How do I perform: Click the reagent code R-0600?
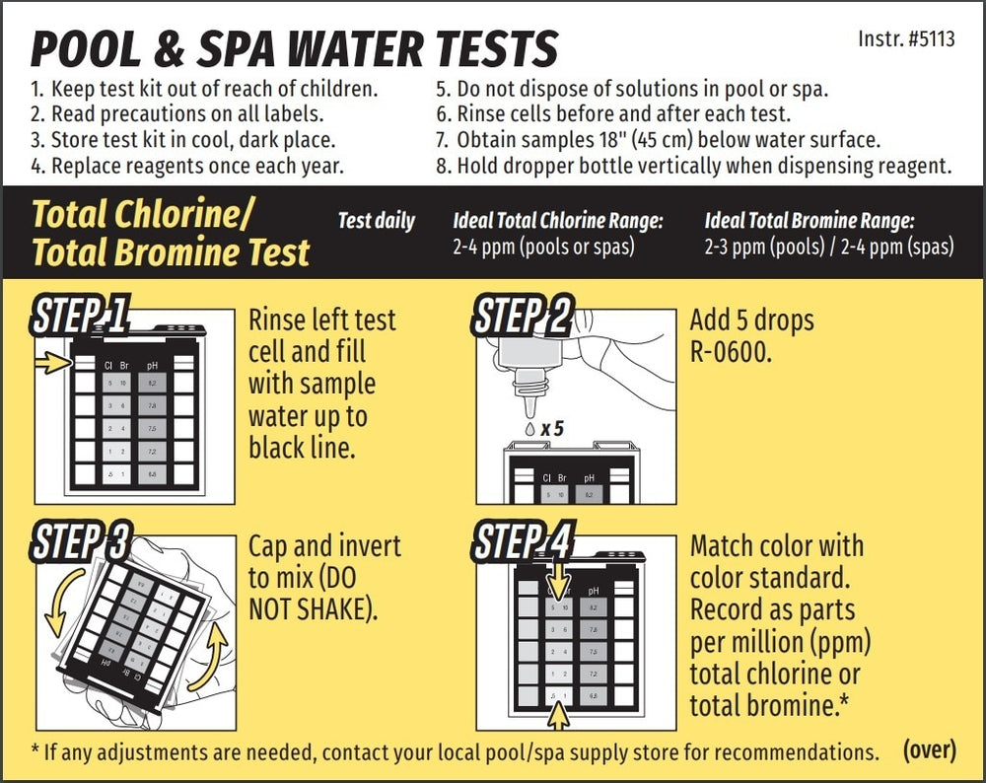coord(729,351)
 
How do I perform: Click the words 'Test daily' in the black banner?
coord(376,221)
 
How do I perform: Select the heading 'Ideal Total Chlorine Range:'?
coord(557,221)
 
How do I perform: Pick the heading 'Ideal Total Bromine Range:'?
coord(810,221)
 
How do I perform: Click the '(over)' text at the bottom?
coord(929,749)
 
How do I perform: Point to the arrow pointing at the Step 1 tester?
coord(51,364)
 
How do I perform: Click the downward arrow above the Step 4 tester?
coord(559,574)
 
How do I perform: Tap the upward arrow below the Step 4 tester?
coord(559,718)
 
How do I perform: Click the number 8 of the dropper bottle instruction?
coord(442,166)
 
